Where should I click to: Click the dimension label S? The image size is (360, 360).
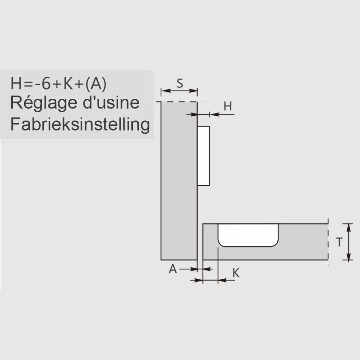tap(180, 83)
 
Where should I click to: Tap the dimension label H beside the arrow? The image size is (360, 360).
tap(228, 106)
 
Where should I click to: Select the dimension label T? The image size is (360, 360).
tap(339, 242)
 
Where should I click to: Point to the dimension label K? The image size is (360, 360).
tap(236, 273)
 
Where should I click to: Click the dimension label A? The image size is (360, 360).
tap(173, 269)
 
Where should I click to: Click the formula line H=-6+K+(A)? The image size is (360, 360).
tap(58, 83)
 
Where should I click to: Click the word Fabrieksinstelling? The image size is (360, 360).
tap(80, 124)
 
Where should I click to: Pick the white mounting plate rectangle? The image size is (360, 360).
tap(203, 156)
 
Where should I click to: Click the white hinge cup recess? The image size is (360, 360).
tap(248, 235)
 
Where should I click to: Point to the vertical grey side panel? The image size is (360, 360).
tap(179, 180)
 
